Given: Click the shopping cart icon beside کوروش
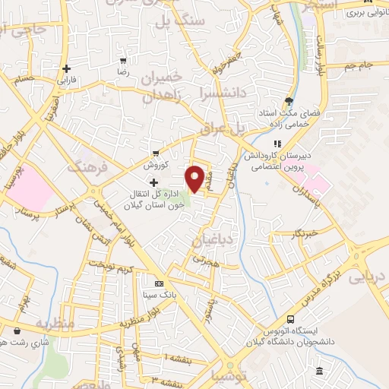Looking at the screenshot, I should point(157,152).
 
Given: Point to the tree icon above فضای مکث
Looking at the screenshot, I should point(288,100).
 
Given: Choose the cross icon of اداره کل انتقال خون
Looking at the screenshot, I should point(154,182).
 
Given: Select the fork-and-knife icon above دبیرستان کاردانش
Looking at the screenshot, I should point(277,143).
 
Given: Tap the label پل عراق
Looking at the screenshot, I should point(229,130).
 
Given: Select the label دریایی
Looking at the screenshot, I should point(368,278).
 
